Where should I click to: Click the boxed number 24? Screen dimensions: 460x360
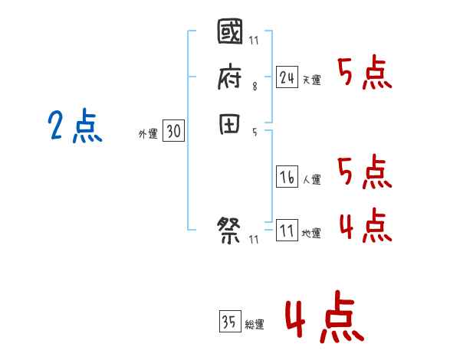pyautogui.click(x=287, y=77)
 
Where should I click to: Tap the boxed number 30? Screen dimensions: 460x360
pyautogui.click(x=173, y=132)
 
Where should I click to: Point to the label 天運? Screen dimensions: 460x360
pyautogui.click(x=312, y=80)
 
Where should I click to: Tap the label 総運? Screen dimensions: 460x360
pyautogui.click(x=255, y=324)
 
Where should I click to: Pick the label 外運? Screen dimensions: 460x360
pyautogui.click(x=148, y=134)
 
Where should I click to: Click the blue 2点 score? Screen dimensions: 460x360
pyautogui.click(x=75, y=126)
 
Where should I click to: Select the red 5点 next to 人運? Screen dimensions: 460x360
pyautogui.click(x=365, y=172)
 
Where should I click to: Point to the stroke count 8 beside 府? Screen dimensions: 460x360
pyautogui.click(x=255, y=87)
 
